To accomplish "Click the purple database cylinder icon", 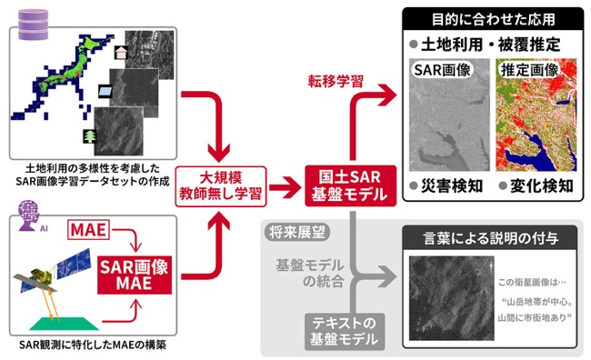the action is (x=33, y=25).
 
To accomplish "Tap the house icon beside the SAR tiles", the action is (x=121, y=53).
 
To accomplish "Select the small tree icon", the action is (x=90, y=136).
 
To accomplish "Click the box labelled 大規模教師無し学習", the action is (x=221, y=186).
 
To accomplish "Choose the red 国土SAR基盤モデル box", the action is (x=351, y=185).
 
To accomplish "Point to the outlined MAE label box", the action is (x=88, y=230).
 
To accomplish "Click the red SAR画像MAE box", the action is (x=135, y=275).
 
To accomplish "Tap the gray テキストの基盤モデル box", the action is (x=344, y=331).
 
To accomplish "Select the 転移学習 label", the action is (x=336, y=81).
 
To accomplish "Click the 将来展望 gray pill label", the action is (x=297, y=232).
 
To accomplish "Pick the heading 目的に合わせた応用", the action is (x=493, y=19).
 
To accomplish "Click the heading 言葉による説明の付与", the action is (x=490, y=238).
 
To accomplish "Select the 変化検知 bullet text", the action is (x=542, y=185).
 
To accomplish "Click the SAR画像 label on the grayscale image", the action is (x=442, y=70).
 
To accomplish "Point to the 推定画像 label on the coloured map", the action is (x=529, y=70).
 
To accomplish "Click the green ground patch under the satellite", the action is (x=65, y=324).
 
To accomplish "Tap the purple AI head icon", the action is (x=29, y=216).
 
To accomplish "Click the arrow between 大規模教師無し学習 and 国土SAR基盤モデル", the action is (x=285, y=187).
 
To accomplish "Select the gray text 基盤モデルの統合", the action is (x=310, y=273).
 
